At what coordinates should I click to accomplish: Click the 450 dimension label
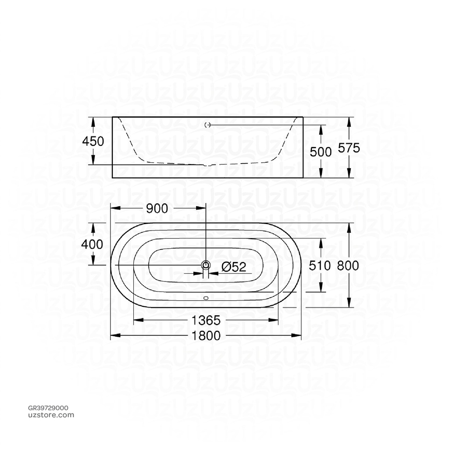coord(93,142)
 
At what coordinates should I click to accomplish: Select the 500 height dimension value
coord(321,152)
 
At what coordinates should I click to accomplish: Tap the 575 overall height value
coord(349,148)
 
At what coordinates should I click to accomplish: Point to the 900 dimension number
coord(157,209)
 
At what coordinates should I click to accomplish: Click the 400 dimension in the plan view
coord(93,244)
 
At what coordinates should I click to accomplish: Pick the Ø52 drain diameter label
coord(234,267)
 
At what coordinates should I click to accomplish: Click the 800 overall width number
coord(348,265)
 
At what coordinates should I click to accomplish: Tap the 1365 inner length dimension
coord(206,321)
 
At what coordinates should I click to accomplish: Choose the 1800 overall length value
coord(206,336)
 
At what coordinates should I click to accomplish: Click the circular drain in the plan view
coord(206,265)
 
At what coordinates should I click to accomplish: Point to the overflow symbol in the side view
coord(207,125)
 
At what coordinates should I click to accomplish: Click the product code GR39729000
coord(48,408)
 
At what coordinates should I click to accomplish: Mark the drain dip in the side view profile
coord(207,165)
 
